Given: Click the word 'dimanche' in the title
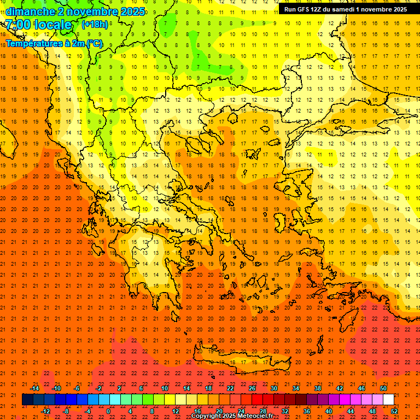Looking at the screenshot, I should coord(31,11).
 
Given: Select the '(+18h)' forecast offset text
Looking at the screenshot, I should coord(95,24).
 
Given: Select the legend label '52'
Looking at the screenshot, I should coord(395,411).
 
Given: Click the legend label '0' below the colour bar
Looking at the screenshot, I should coord(108,411).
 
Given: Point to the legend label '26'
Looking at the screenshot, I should coord(252,388).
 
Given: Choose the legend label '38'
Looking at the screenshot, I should coord(317,388).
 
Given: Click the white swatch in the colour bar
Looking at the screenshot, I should coord(389,400).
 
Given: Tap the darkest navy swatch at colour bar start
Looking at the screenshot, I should coord(27,400).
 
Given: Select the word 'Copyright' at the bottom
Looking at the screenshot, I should coord(206,416).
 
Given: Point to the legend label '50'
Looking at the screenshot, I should coord(383,388).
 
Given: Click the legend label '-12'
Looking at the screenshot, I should coord(46,411).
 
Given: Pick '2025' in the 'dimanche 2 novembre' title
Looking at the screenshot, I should coord(132,11).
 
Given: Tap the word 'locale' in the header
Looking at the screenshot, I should coord(53,25).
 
